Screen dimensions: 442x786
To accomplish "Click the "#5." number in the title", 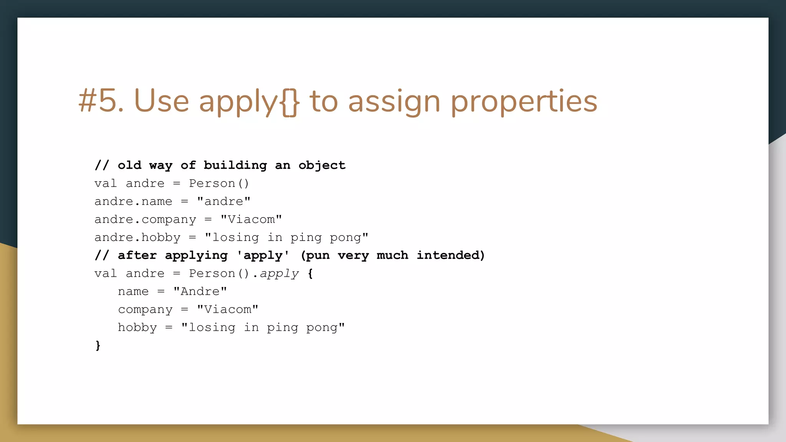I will (101, 101).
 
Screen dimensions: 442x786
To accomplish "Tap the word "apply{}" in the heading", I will (249, 102).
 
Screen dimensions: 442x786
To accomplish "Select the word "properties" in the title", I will (523, 102).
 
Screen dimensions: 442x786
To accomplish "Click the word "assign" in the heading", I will (394, 102).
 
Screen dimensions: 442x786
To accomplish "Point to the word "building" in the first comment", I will (235, 165).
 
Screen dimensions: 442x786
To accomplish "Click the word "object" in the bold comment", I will (322, 165).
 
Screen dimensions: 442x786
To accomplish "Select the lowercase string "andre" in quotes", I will (224, 201).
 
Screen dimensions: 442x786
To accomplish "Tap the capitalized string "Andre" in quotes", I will (200, 292).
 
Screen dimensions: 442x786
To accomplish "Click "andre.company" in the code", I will (145, 219).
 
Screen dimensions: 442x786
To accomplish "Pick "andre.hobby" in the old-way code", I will (137, 237).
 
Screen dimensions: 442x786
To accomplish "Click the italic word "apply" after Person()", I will (279, 274).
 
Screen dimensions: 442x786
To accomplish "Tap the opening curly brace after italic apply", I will (310, 274).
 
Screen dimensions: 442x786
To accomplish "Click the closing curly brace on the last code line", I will (98, 345).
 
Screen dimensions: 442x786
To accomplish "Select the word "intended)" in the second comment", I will (451, 256).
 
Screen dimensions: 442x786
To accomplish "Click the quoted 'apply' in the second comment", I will (263, 256).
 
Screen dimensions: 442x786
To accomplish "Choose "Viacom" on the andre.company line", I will (251, 219).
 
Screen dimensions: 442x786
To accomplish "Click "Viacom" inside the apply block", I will (228, 310).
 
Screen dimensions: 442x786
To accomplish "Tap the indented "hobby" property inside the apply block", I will (137, 328).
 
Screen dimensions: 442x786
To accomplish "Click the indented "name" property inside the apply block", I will (133, 292).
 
